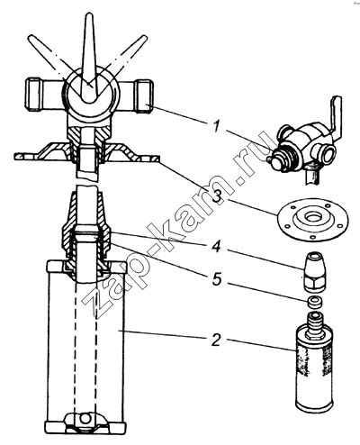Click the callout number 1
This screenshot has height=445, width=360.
[217, 126]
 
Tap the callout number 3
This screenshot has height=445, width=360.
[217, 195]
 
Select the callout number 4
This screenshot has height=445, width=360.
[216, 247]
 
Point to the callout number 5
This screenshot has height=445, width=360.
[217, 280]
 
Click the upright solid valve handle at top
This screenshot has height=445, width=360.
[89, 57]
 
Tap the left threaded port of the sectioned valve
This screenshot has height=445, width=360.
[33, 95]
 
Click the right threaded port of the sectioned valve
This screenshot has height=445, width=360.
[144, 96]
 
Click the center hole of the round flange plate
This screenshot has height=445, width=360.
[313, 216]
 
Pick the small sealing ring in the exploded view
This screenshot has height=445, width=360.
[314, 302]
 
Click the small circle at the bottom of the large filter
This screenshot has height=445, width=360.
[85, 418]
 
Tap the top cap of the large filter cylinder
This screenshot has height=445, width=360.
[86, 266]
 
